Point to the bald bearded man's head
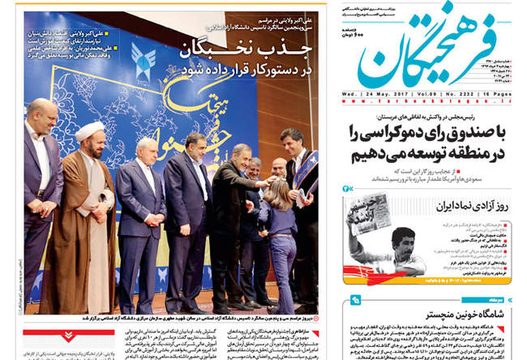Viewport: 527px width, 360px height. click(x=41, y=113)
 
